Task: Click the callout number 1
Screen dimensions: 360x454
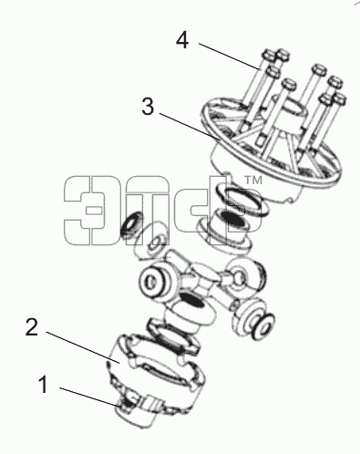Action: point(44,385)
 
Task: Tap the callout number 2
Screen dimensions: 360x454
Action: point(32,327)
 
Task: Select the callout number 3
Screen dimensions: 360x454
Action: point(148,107)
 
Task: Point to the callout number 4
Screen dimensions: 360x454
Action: point(182,40)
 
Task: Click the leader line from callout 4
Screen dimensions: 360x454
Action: point(230,57)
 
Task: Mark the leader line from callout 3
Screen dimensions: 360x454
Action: point(190,127)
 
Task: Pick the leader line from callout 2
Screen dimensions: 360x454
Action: point(83,347)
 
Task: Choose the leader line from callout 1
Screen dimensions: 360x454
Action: point(90,397)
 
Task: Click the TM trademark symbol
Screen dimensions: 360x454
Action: point(253,181)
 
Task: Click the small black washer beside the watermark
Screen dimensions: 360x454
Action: point(131,223)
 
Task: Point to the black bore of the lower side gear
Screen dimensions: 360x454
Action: point(192,301)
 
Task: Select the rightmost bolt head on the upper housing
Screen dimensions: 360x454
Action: point(339,99)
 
